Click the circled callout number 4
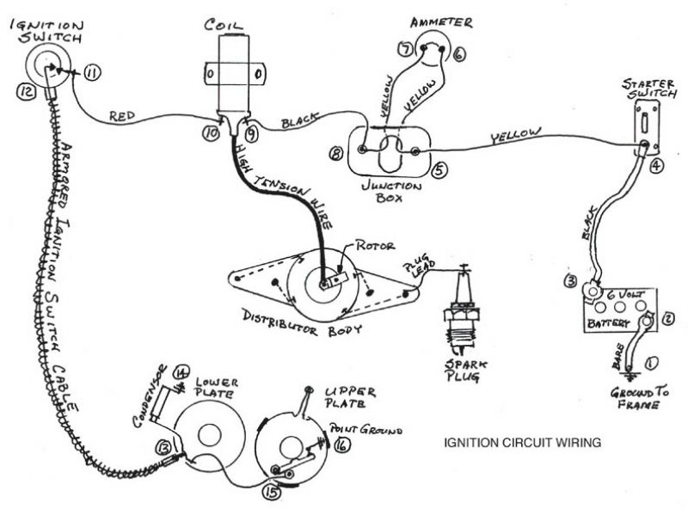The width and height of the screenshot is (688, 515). click(x=657, y=167)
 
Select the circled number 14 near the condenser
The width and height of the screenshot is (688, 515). click(x=180, y=372)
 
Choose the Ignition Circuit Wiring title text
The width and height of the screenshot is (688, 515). click(x=521, y=444)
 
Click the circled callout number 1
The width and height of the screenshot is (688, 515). click(x=651, y=362)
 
